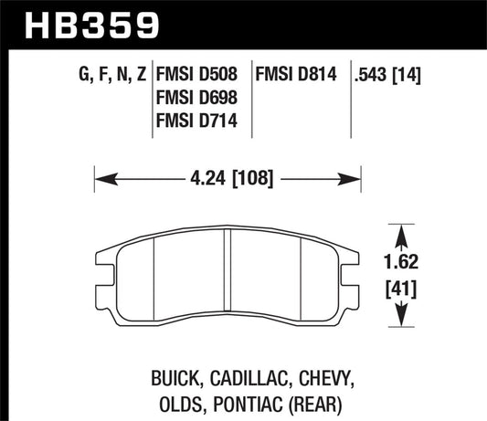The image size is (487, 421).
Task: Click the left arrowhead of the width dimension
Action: click(x=102, y=177)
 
